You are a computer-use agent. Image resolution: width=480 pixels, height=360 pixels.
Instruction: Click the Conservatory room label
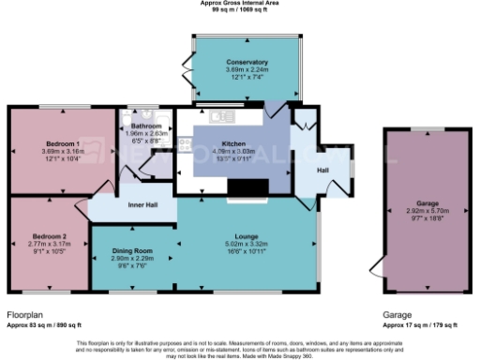[x=247, y=62]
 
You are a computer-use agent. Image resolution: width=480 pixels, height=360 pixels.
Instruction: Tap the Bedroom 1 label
[x=62, y=143]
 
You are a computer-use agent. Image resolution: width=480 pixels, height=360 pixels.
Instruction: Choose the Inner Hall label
[x=142, y=204]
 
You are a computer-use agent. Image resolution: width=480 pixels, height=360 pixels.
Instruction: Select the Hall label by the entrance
[x=322, y=170]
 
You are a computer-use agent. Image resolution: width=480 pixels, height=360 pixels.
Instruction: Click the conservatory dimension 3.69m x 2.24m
[x=247, y=69]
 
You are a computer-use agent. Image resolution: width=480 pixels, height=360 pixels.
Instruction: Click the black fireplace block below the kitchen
[x=248, y=190]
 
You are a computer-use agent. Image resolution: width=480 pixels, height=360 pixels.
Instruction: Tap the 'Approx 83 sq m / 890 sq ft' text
[x=49, y=324]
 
